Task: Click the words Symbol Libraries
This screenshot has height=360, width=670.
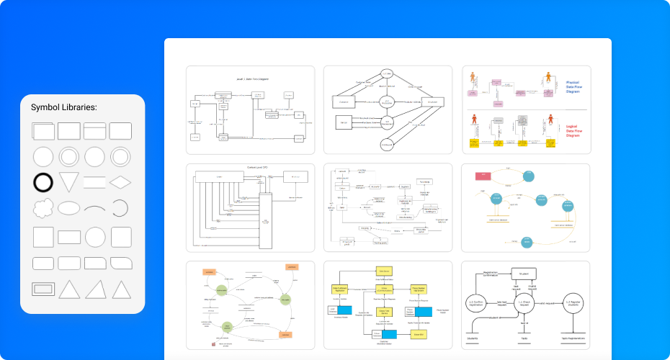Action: [x=64, y=108]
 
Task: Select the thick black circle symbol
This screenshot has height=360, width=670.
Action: [x=43, y=182]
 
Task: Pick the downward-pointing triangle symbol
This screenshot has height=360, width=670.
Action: [x=69, y=182]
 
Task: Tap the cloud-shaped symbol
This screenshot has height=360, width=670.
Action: [x=43, y=209]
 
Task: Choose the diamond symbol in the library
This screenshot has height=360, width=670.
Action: [x=120, y=181]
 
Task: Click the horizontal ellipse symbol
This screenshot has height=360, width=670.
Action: [x=69, y=209]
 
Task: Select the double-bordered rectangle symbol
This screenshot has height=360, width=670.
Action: [x=43, y=289]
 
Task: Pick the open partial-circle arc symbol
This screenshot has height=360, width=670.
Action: [x=120, y=209]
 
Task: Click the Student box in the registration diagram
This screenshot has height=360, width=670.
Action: [x=524, y=274]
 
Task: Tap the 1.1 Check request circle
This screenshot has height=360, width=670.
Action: [x=524, y=305]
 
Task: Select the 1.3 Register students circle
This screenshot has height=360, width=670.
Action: [x=573, y=305]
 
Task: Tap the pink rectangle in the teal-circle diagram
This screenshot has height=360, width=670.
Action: [x=481, y=176]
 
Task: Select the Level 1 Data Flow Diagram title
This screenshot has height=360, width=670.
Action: [x=251, y=78]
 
